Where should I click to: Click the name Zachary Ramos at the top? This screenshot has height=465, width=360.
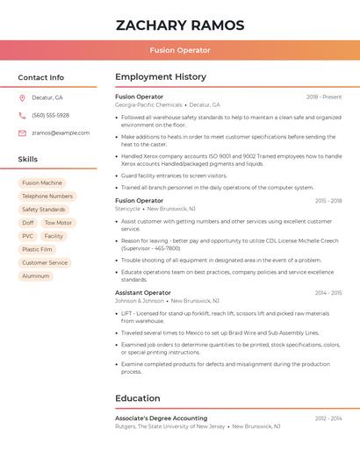180,25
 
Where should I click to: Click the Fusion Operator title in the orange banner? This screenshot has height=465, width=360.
180,51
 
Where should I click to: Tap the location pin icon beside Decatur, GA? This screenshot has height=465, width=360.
22,97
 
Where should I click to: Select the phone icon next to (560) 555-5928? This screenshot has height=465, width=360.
22,115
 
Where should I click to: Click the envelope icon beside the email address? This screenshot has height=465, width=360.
22,133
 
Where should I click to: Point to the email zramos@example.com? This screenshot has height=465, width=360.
61,133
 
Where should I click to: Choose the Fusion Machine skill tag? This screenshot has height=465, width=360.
42,183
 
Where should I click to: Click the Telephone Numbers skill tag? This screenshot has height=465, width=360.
47,197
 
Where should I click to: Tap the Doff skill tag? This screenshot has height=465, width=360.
28,223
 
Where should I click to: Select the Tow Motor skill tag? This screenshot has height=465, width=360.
58,223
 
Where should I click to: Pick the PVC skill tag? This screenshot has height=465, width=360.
28,236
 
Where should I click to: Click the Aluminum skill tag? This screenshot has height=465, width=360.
36,276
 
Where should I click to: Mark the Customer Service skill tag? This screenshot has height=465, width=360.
45,263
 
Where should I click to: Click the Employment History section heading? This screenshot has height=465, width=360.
161,77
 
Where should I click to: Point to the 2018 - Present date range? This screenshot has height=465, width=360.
324,97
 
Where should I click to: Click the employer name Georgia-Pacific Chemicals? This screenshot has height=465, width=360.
148,104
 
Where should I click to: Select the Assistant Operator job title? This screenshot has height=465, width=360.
143,292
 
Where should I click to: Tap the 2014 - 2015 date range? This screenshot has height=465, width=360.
328,293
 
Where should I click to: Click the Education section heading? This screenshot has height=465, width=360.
138,398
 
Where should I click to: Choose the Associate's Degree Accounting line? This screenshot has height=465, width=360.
162,418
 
